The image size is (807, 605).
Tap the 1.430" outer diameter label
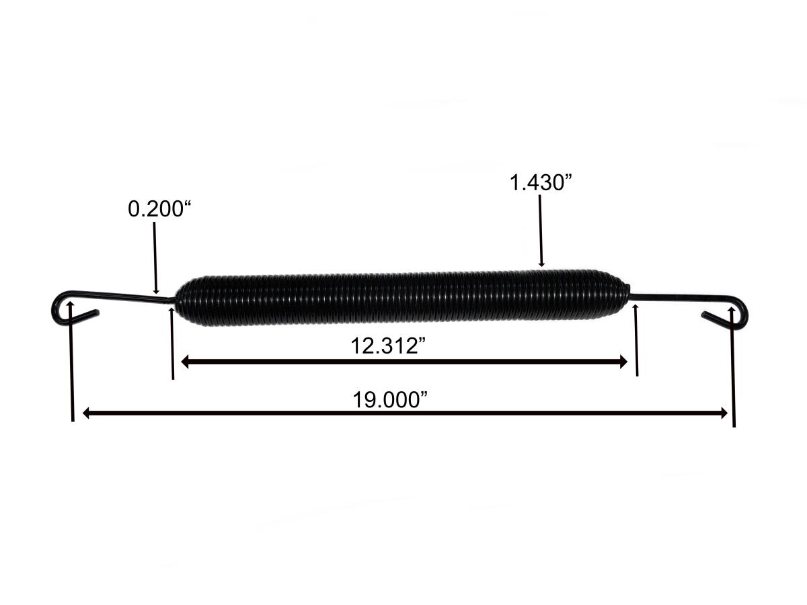(541, 183)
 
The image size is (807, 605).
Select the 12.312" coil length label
(389, 347)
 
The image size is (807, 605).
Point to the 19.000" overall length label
(391, 399)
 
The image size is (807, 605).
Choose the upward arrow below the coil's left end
(172, 343)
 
